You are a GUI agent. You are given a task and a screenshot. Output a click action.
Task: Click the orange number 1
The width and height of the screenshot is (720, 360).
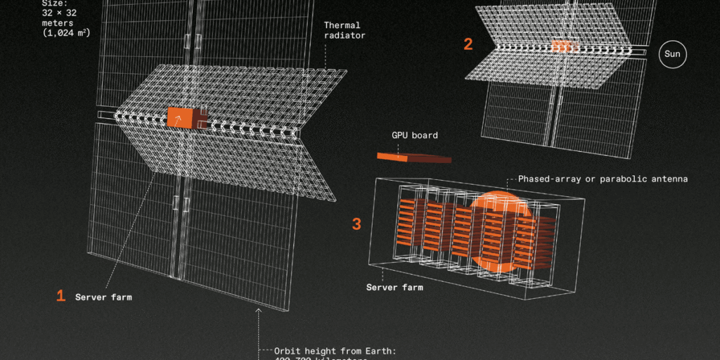[x=61, y=296]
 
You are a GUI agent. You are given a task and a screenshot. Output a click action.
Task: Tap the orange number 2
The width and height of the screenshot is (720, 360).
[x=468, y=44]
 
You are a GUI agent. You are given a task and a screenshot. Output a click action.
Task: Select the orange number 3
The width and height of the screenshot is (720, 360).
[x=356, y=224]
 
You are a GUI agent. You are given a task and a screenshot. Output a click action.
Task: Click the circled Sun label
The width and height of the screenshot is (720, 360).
[x=672, y=56]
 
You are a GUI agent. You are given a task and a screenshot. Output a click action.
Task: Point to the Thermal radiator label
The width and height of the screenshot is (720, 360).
[x=345, y=30]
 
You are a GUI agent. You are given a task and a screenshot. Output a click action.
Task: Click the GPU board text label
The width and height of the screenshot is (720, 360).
[x=414, y=134]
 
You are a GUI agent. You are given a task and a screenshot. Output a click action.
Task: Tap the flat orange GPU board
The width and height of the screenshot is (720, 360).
[x=413, y=157]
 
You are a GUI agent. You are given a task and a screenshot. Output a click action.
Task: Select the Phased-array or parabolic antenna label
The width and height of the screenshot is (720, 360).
[x=603, y=179]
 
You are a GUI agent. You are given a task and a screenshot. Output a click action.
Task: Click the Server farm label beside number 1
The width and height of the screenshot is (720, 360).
[x=103, y=297]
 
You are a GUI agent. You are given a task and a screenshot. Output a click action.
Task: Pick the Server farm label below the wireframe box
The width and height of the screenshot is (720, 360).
[x=394, y=287]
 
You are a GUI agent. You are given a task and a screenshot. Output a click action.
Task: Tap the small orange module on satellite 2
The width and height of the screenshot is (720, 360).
[x=562, y=46]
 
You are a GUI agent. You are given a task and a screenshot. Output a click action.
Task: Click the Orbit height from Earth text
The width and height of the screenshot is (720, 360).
[x=336, y=351]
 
